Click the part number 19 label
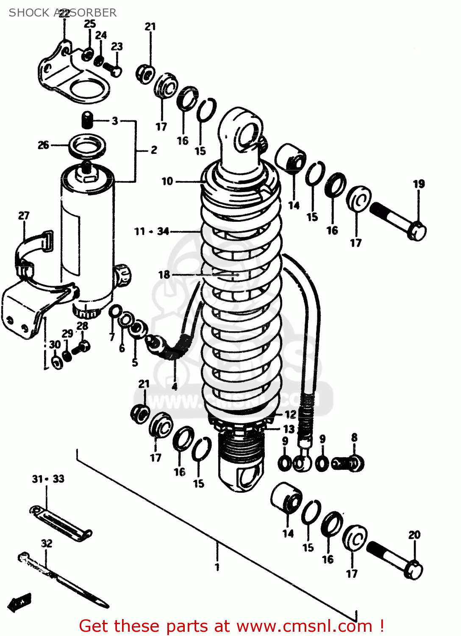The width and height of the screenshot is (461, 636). [x=419, y=184]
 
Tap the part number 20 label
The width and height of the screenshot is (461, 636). [x=414, y=535]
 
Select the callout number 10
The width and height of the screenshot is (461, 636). [x=167, y=181]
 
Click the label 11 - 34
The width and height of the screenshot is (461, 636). [x=152, y=232]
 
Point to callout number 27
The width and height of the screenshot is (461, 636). [x=24, y=216]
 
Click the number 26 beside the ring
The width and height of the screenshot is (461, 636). [x=44, y=145]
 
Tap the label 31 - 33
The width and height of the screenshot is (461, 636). [x=48, y=479]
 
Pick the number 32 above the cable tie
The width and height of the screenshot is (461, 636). [x=47, y=544]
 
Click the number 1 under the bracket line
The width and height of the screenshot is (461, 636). [x=217, y=567]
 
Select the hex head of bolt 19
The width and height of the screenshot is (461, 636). [x=417, y=232]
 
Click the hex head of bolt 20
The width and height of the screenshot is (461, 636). [x=414, y=571]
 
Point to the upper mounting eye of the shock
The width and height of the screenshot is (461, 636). [x=243, y=135]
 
